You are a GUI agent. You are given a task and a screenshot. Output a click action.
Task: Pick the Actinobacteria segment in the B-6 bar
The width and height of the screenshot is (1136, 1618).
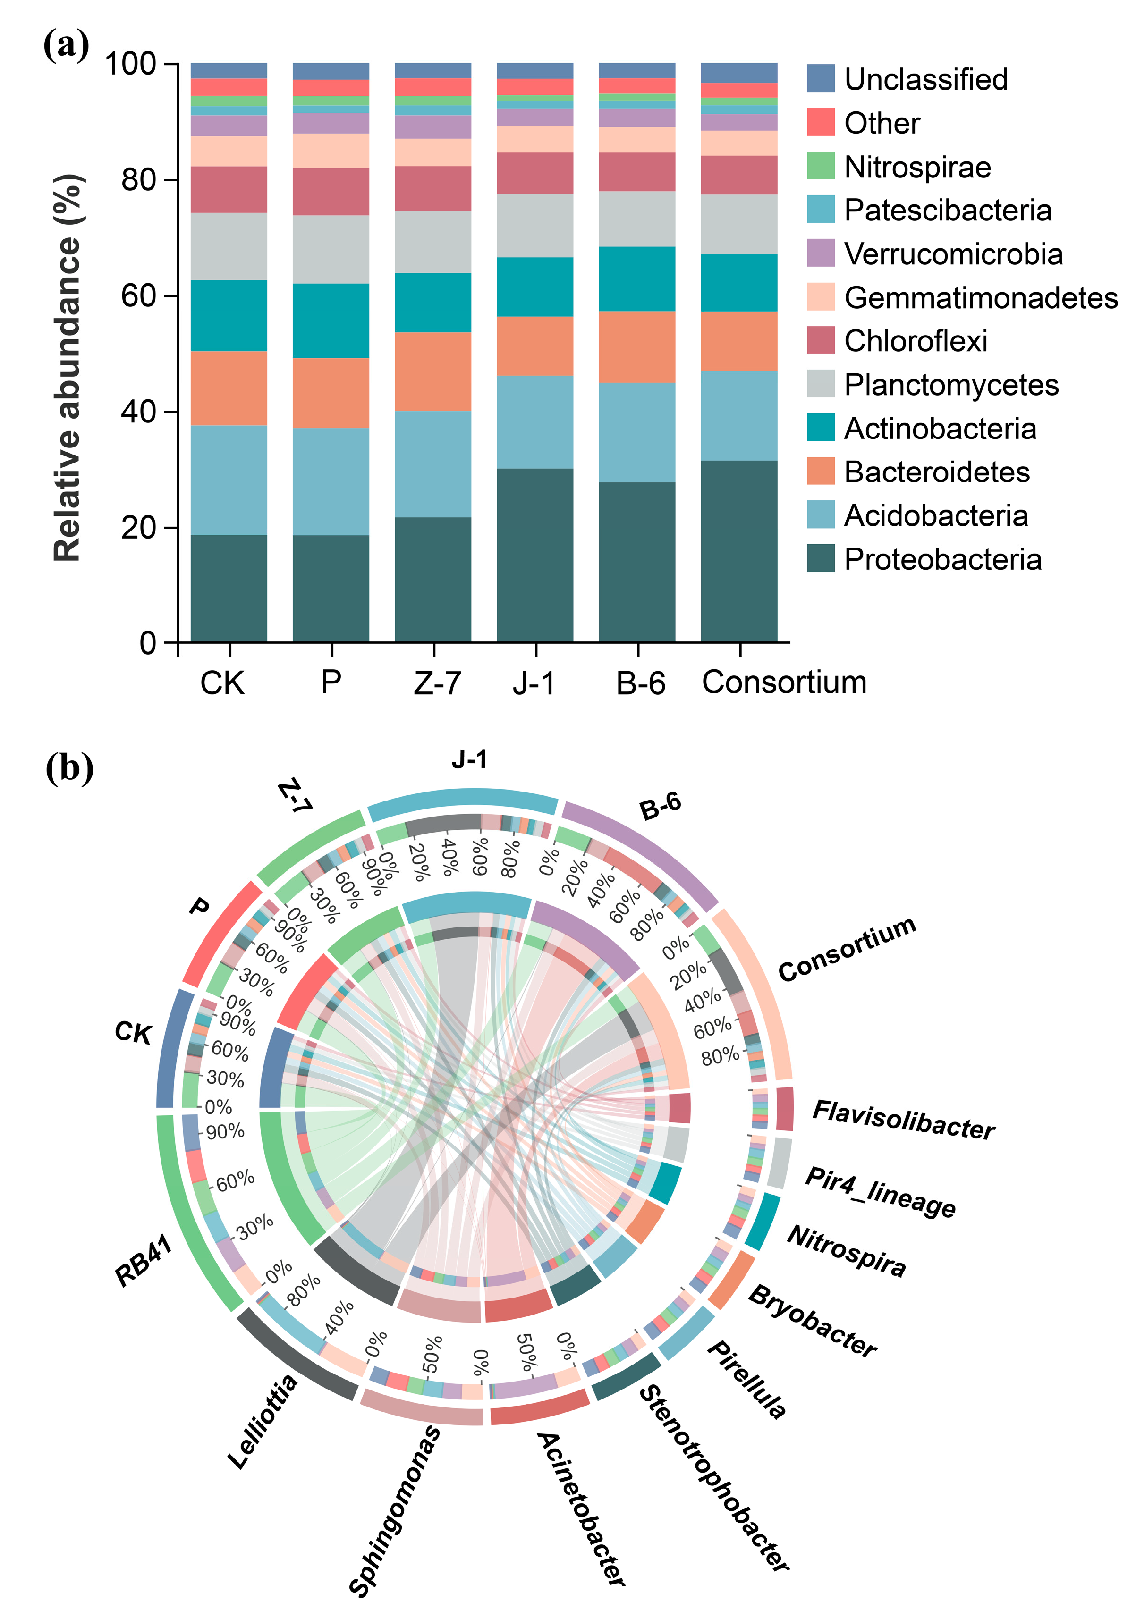point(637,278)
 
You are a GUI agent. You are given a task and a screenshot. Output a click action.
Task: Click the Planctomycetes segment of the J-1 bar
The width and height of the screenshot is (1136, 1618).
point(534,226)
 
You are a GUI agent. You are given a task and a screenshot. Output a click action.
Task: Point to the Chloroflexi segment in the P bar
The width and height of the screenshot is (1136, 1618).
point(331,191)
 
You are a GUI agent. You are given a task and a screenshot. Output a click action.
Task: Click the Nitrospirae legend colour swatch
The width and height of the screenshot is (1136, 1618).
point(820,166)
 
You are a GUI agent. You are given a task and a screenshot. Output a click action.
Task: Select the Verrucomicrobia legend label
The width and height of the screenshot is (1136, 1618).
point(953,253)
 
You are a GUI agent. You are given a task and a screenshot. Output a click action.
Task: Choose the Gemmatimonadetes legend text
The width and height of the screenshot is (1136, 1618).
point(980,297)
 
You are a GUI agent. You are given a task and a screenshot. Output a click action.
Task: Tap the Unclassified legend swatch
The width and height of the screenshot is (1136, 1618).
point(820,79)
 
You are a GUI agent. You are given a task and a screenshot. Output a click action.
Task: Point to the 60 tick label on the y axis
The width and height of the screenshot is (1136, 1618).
point(138,296)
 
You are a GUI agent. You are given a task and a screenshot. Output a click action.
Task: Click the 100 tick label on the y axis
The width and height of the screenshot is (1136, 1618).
point(130,64)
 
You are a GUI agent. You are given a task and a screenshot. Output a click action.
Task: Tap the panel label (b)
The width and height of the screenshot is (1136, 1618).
point(69,767)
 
